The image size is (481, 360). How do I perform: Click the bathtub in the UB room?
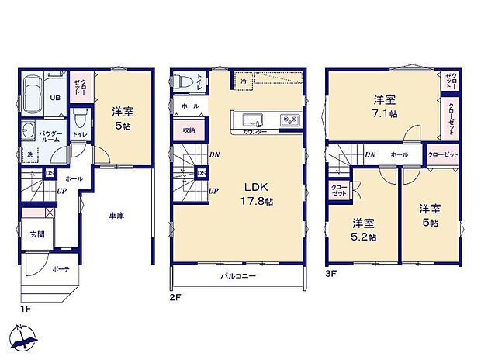(x=33, y=95)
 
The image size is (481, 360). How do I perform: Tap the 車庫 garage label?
(x=116, y=216)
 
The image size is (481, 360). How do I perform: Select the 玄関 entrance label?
(x=37, y=234)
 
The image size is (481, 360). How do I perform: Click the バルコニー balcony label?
(x=237, y=275)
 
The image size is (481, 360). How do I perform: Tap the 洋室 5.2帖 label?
(x=363, y=230)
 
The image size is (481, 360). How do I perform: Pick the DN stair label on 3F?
(x=371, y=154)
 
